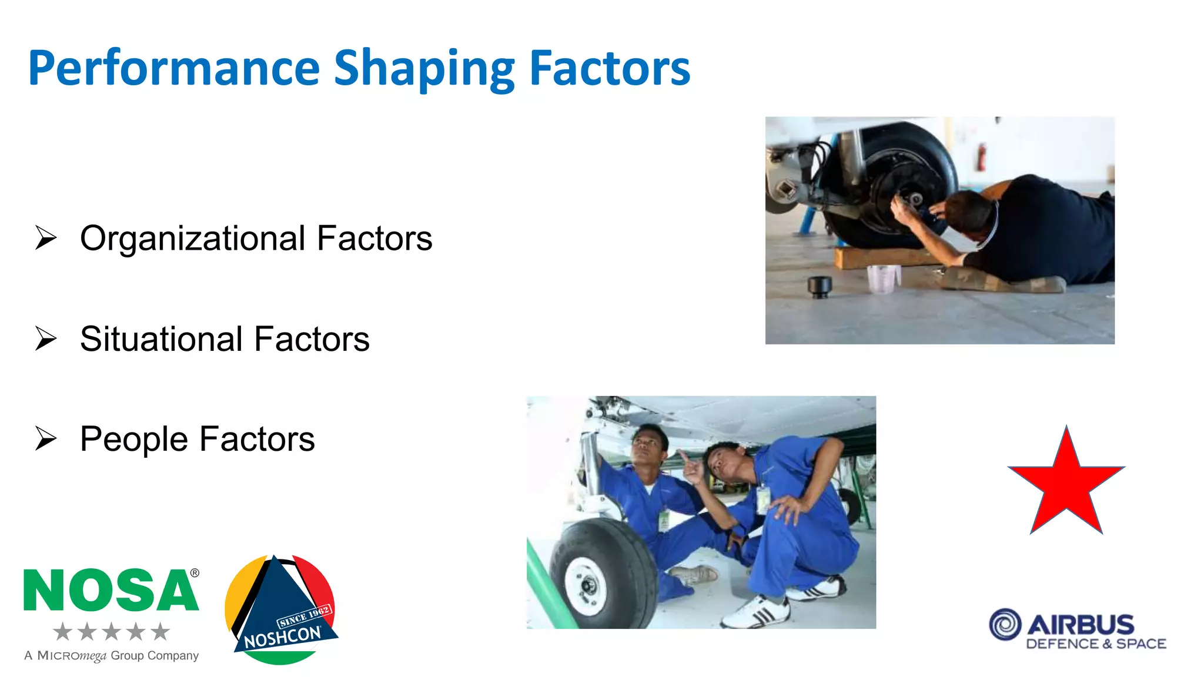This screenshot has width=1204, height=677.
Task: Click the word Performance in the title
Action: pos(173,69)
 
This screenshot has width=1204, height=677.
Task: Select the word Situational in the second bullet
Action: pos(162,339)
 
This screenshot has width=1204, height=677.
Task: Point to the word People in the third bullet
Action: pos(134,439)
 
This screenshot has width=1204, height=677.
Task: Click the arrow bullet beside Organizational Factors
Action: pos(46,238)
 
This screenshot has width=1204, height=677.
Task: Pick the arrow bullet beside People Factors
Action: pos(46,439)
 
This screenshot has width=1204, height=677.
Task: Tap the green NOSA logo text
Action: pos(111,590)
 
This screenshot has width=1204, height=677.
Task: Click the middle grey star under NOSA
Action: pos(111,632)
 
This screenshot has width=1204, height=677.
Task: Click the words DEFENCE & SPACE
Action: pos(1096,644)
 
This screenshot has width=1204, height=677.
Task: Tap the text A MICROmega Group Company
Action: pos(111,656)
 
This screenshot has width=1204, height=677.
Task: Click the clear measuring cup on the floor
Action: pos(883,279)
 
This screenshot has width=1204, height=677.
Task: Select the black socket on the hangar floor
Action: pos(819,286)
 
